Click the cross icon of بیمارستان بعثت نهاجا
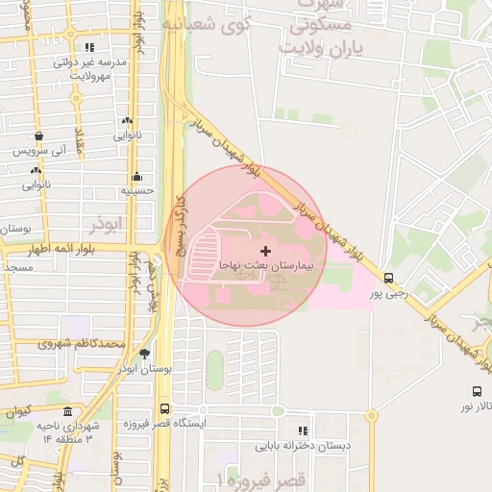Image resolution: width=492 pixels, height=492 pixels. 265,250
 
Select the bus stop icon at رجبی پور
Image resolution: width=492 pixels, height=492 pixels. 387,276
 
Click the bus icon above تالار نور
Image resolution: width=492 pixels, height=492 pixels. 477,391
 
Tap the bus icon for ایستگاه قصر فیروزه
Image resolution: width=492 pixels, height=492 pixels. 164,408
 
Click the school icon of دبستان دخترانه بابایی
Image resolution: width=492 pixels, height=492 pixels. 303,431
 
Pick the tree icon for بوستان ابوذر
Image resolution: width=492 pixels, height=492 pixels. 144,354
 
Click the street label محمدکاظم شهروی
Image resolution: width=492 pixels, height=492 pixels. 83,343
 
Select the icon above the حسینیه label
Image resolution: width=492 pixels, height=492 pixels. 137,177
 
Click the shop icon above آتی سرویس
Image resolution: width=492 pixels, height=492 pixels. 38,137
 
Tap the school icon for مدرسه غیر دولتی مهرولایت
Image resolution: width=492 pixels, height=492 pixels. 89,47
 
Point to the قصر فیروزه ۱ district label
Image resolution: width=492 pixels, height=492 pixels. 260,478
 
